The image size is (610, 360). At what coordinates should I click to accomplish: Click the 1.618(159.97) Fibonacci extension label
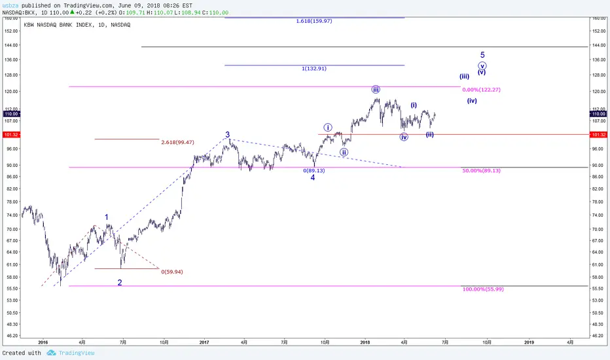314,21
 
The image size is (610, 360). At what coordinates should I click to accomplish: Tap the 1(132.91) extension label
314,69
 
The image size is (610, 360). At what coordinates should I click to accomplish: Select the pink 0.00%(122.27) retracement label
481,90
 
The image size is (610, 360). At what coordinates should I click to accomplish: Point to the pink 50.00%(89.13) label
481,170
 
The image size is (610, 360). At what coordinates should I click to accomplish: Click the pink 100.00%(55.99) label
483,289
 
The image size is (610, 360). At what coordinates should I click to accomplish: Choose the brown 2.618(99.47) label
177,143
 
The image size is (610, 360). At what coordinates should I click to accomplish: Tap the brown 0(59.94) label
172,272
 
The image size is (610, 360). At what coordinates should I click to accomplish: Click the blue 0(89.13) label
314,170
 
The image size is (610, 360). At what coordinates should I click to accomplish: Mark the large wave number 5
482,55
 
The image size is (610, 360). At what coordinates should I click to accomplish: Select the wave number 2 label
120,283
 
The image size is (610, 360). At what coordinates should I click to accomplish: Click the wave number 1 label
107,217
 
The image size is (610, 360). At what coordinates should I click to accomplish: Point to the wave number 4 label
312,177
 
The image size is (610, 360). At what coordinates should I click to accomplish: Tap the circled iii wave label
376,90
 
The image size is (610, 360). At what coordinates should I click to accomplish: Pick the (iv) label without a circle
472,101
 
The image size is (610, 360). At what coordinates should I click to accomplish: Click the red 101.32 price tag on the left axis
11,135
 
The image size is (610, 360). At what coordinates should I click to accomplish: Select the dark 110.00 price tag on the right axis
599,114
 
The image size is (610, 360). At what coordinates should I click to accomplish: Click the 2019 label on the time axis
529,342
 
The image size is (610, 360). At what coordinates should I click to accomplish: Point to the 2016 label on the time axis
43,342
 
